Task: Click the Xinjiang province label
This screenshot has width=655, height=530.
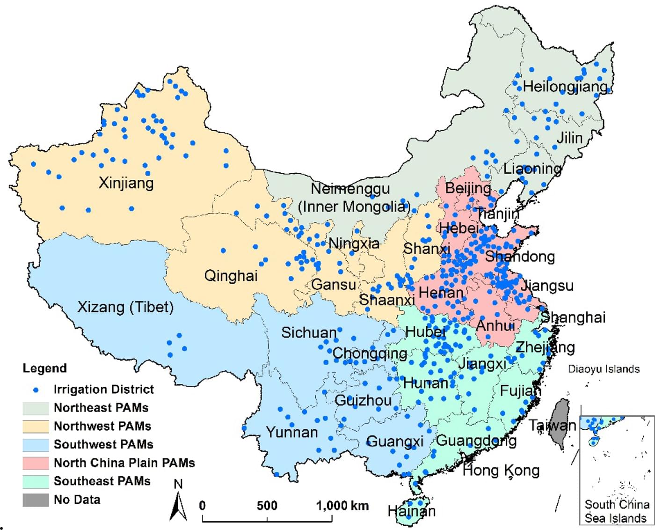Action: pyautogui.click(x=126, y=183)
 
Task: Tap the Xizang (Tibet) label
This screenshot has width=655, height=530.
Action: pyautogui.click(x=125, y=307)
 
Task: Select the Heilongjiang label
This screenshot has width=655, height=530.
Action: pyautogui.click(x=565, y=87)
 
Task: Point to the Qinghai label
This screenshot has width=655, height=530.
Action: pyautogui.click(x=231, y=276)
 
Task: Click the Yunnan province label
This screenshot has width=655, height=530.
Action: pyautogui.click(x=292, y=432)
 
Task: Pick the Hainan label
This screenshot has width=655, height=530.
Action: pyautogui.click(x=411, y=511)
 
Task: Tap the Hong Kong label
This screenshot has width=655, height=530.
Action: pyautogui.click(x=501, y=470)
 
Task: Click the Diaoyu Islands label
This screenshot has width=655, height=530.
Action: pyautogui.click(x=604, y=369)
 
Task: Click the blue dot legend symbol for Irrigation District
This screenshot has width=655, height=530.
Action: pyautogui.click(x=36, y=390)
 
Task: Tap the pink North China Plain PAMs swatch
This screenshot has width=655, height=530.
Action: pyautogui.click(x=36, y=463)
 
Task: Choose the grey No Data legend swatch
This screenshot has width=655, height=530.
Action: pyautogui.click(x=36, y=500)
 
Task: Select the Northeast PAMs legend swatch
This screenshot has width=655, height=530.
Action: pyautogui.click(x=36, y=408)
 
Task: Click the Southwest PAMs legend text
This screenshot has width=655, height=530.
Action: pyautogui.click(x=103, y=444)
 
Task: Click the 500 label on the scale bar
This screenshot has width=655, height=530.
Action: pyautogui.click(x=267, y=506)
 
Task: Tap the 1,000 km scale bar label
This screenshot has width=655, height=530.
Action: pyautogui.click(x=342, y=506)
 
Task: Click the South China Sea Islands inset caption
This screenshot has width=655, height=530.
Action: pyautogui.click(x=617, y=511)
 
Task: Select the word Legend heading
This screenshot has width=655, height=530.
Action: pyautogui.click(x=44, y=368)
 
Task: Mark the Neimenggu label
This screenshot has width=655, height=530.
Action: pyautogui.click(x=350, y=189)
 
